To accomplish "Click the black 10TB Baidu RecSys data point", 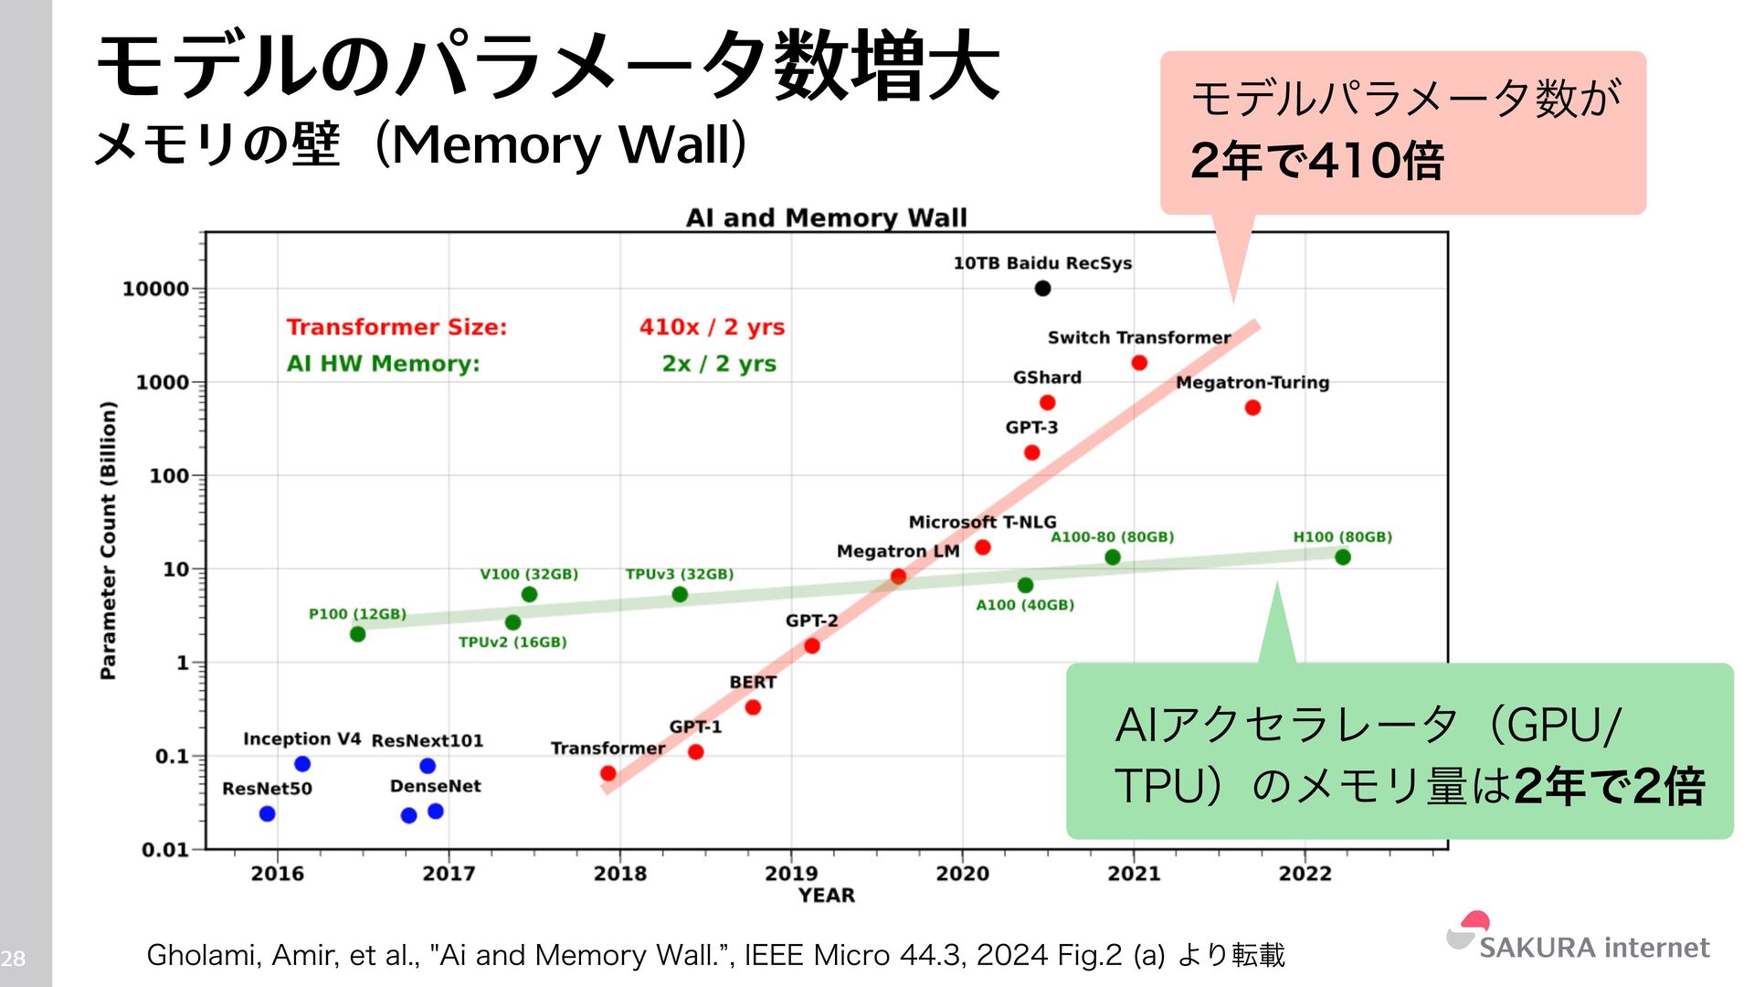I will (x=1042, y=289).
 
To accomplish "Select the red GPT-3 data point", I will (x=1031, y=452).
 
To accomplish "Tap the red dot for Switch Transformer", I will (x=1139, y=363).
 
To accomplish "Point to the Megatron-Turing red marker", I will (x=1252, y=408).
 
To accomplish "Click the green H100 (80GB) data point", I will (x=1342, y=557).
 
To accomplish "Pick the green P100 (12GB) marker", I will (x=357, y=634).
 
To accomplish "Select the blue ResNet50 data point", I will (x=267, y=813).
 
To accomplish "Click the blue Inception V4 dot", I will (x=302, y=764).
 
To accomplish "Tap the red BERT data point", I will (x=753, y=707).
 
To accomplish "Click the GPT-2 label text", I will (x=811, y=621).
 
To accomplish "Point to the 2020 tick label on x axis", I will (x=962, y=874).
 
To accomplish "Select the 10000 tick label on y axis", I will (x=155, y=289).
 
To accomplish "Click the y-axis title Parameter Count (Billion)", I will (x=108, y=539).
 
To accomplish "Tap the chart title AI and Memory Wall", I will (x=826, y=218).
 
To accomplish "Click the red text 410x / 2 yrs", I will (x=712, y=327).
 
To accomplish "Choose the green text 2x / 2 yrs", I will (x=719, y=364).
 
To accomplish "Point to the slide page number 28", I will (x=13, y=959).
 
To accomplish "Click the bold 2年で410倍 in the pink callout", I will (x=1316, y=161).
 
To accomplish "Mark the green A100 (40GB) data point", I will (x=1025, y=585).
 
